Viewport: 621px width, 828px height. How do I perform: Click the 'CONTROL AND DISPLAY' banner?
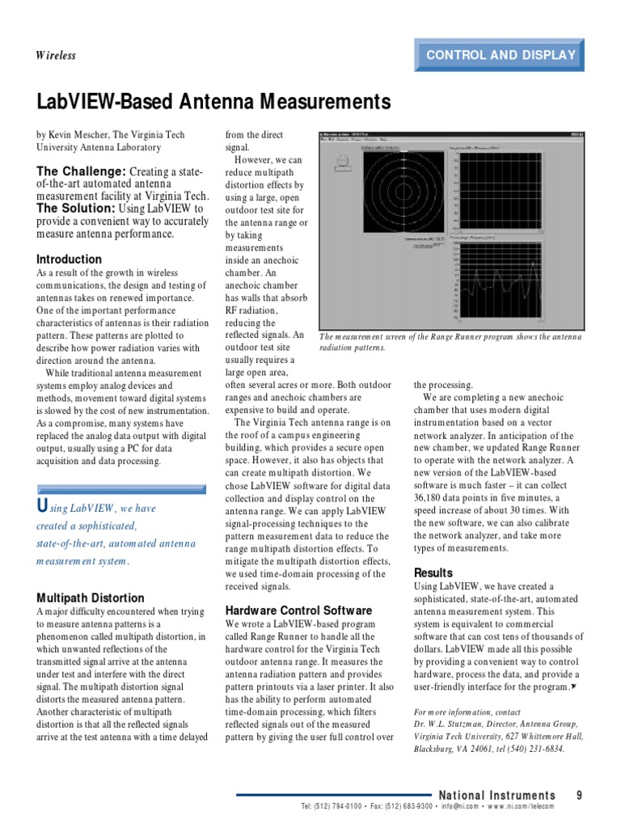[x=501, y=55]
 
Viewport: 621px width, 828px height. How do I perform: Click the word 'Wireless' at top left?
[x=56, y=55]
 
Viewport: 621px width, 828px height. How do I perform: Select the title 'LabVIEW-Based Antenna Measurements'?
[x=213, y=103]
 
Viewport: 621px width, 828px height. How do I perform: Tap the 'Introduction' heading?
[x=70, y=260]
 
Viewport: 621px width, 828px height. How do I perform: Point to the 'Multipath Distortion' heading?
[x=91, y=598]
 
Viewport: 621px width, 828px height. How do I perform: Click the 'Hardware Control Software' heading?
[x=298, y=610]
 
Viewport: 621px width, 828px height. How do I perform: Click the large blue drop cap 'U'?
[x=44, y=507]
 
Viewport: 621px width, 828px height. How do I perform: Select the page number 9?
[x=579, y=796]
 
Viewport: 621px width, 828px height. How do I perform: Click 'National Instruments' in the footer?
[x=496, y=796]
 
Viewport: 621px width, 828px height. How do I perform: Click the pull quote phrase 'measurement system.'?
[x=83, y=561]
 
